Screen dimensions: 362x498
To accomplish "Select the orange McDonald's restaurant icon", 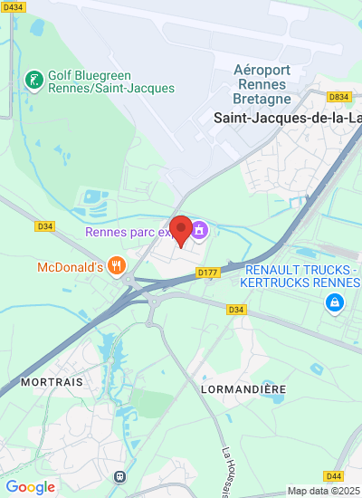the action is [116, 266].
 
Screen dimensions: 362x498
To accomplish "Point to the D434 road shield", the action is [13, 7].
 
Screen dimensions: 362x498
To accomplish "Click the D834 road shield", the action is [339, 97].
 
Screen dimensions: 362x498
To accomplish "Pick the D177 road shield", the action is [207, 273].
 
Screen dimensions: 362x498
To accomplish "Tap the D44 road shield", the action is [334, 475].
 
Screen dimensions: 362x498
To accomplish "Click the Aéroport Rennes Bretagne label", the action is [262, 84].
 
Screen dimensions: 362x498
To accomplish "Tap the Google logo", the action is [30, 487].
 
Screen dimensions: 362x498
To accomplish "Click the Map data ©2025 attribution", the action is [323, 491].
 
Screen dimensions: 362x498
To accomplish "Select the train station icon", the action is [119, 476].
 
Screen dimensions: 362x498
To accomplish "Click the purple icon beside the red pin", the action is [200, 231].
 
